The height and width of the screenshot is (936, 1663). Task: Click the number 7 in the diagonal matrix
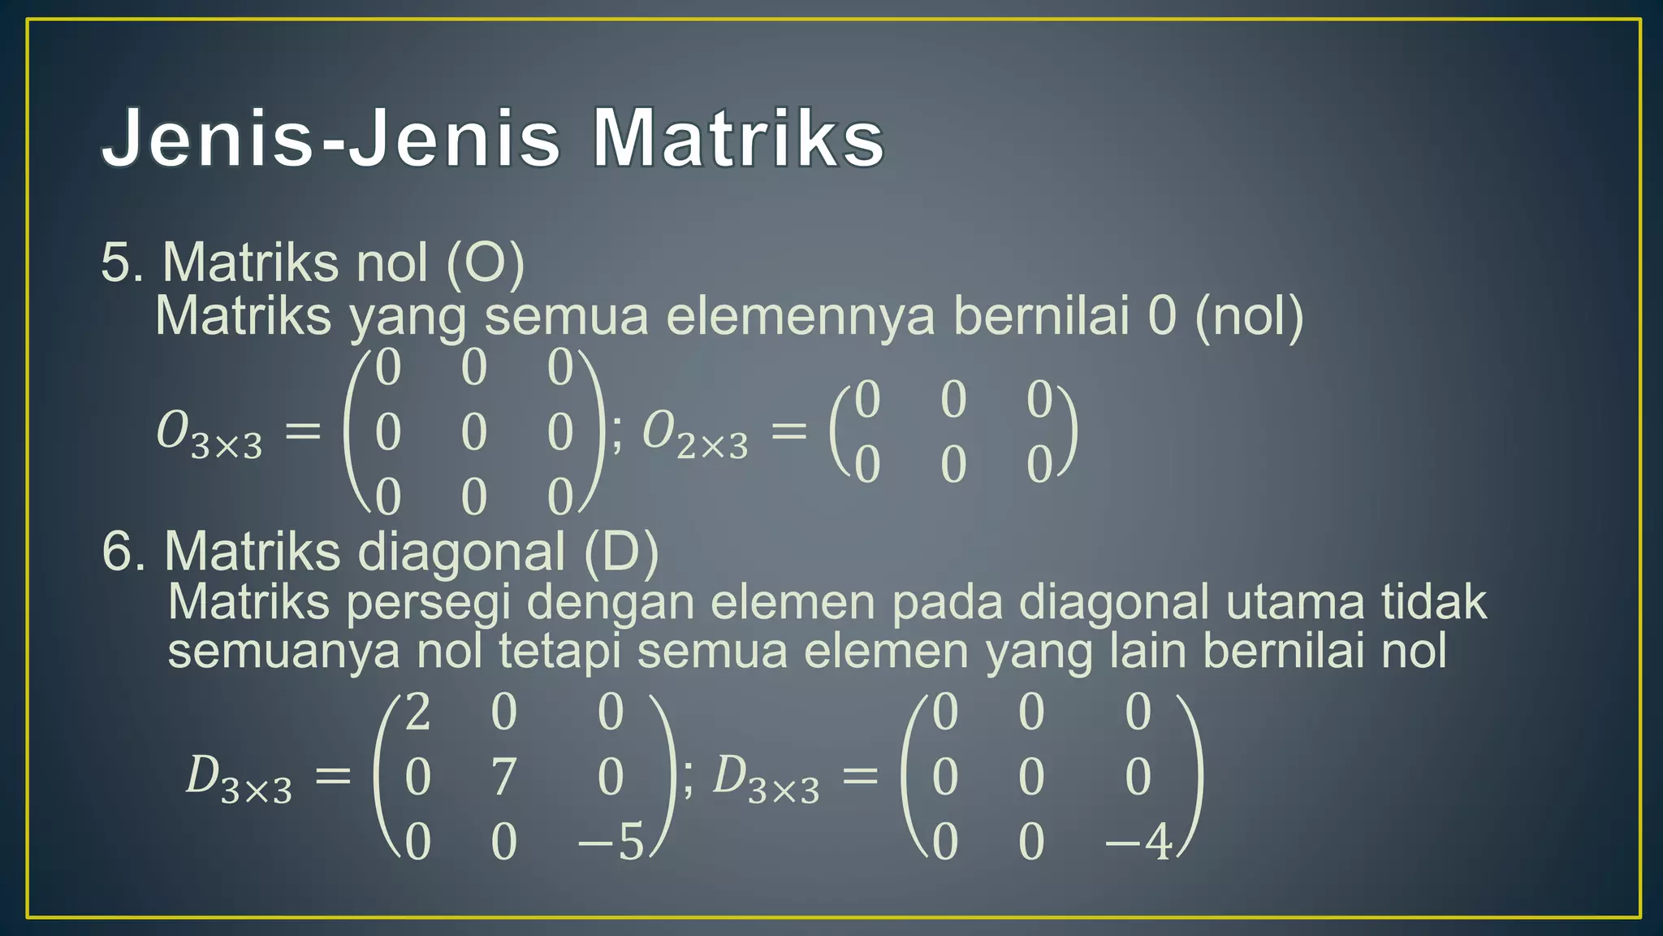(503, 777)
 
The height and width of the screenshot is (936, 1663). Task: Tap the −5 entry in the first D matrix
(611, 842)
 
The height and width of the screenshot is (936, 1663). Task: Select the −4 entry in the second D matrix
(1138, 842)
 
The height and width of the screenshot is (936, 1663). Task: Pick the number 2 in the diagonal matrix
(417, 713)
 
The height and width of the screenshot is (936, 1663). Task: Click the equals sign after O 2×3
(788, 431)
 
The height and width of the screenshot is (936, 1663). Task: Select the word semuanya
(283, 652)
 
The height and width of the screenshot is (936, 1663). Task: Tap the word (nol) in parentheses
(1249, 316)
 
